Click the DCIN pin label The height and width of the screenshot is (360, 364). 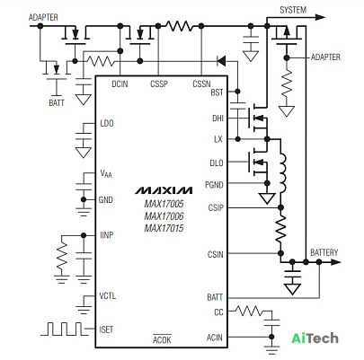120,84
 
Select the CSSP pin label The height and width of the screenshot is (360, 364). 159,84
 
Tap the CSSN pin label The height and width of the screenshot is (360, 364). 201,84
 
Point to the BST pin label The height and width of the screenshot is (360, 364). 217,92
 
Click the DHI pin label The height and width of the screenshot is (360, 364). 218,119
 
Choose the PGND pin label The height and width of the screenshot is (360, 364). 214,185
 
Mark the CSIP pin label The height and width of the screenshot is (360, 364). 216,207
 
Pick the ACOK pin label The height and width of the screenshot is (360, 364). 162,339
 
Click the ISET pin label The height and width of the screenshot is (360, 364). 106,329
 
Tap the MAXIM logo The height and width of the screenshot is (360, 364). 164,190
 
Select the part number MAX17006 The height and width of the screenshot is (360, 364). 164,216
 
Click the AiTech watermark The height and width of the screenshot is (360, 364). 315,338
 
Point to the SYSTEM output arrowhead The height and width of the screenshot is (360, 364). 320,17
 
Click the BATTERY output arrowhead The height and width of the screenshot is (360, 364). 336,262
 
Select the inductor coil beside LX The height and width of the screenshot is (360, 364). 282,173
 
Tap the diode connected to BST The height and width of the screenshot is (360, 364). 221,61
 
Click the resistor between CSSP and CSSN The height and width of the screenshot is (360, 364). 180,26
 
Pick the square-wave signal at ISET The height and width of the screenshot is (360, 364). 65,329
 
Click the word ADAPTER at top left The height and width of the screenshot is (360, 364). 43,17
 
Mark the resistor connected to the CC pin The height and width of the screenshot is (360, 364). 248,312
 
